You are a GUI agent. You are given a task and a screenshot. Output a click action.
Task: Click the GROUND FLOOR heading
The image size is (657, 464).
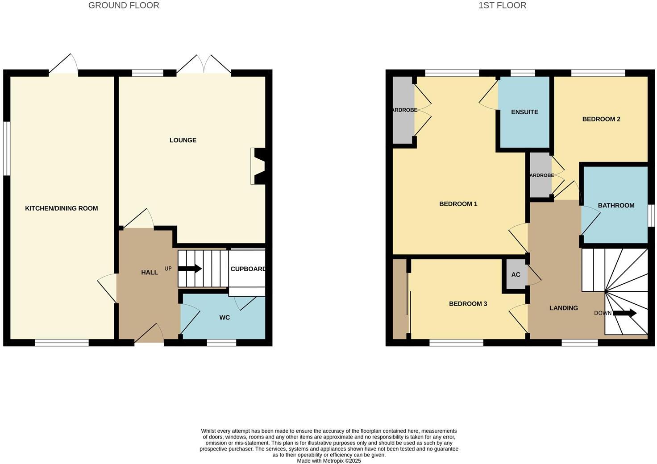coord(124,5)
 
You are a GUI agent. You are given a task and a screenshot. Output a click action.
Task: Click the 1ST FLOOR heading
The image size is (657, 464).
coord(502,5)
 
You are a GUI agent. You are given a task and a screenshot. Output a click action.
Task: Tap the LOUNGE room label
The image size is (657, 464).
coord(183,140)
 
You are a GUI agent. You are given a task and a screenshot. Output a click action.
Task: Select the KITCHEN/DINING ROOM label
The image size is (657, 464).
coord(61,208)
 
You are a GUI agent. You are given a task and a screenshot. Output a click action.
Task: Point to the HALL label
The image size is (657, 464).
coord(150,272)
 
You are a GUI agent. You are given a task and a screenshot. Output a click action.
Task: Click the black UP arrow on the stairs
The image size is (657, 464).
coord(190,269)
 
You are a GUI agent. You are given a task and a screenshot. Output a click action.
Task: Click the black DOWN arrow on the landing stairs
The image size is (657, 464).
coord(625,313)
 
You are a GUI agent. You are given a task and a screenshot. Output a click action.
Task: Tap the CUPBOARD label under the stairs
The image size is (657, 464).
coord(248,269)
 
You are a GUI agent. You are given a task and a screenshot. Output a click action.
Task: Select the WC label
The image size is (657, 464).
coord(225,317)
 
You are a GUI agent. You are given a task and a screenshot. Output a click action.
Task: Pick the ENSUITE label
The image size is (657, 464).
coord(524,112)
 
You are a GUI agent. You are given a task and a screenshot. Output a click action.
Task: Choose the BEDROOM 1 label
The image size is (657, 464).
coord(458,204)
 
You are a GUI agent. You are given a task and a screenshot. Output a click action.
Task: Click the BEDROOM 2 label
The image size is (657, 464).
coord(601,119)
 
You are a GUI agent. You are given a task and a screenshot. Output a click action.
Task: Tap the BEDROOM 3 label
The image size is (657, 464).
coord(468,304)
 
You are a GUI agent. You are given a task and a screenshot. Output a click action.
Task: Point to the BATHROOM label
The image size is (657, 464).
coord(616,205)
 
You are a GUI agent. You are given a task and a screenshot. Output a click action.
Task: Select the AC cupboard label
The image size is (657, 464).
coord(516,275)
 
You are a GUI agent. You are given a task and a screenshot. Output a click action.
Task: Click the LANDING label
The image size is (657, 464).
coord(563,308)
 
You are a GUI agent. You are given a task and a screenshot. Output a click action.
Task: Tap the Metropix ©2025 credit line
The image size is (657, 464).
coord(329,461)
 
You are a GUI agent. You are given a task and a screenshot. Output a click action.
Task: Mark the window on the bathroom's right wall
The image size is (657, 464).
coord(651,216)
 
